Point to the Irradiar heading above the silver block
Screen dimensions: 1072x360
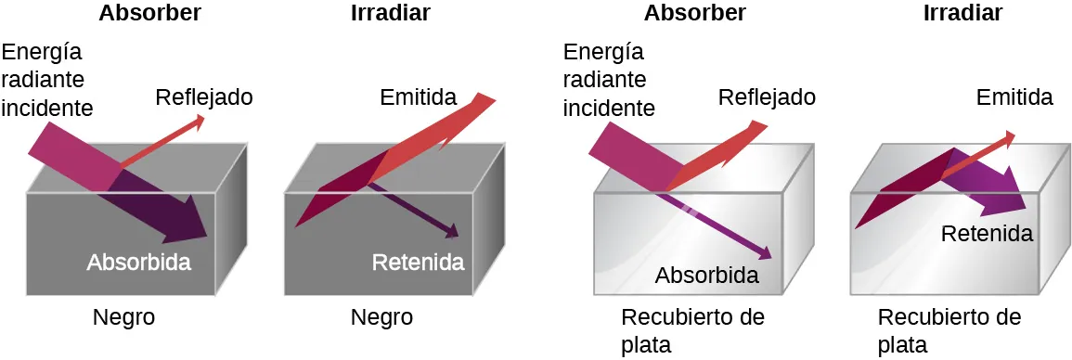[x=963, y=13]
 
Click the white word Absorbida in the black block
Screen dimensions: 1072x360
[x=139, y=262]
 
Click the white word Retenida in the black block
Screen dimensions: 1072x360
[x=418, y=262]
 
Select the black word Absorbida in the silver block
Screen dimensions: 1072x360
[x=707, y=275]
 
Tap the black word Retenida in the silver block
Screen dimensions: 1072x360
[x=987, y=234]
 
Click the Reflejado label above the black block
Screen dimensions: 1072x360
[x=204, y=97]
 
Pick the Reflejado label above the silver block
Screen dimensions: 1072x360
[x=767, y=97]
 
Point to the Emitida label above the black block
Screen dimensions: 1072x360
[x=419, y=97]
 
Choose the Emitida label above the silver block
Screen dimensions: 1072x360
[x=1014, y=97]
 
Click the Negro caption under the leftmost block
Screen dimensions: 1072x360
[x=123, y=317]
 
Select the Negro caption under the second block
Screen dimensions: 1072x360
[x=381, y=317]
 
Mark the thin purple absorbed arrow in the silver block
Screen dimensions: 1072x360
[x=724, y=227]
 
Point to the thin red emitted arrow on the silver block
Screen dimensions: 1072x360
[x=979, y=153]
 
